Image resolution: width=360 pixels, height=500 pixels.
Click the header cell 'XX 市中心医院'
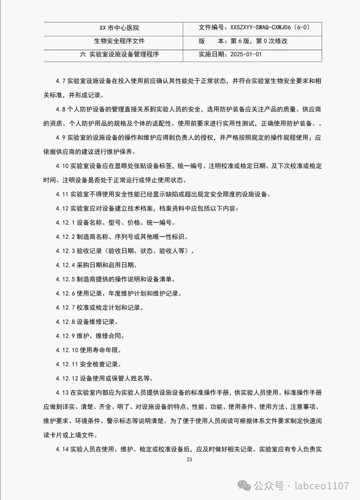click(x=119, y=28)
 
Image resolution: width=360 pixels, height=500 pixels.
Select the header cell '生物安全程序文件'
click(x=119, y=41)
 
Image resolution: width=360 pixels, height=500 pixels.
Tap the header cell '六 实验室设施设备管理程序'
click(x=119, y=54)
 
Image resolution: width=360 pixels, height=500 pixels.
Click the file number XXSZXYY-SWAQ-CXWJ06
click(x=260, y=27)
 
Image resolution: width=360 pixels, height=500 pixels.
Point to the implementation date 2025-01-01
click(x=246, y=54)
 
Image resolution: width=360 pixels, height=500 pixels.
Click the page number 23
click(x=189, y=459)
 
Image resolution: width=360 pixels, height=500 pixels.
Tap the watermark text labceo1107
click(x=322, y=486)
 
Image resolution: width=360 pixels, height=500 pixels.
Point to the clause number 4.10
click(x=62, y=166)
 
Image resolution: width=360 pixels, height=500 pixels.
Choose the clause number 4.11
click(x=62, y=194)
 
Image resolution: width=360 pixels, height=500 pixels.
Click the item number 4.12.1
click(x=65, y=223)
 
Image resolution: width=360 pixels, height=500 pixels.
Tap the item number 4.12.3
click(x=65, y=251)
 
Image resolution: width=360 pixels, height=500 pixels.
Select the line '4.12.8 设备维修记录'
click(x=87, y=322)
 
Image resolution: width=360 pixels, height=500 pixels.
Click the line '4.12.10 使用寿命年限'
click(x=88, y=350)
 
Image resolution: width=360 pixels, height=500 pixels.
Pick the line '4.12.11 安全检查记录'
click(x=88, y=364)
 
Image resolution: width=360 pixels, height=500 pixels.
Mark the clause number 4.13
click(x=62, y=393)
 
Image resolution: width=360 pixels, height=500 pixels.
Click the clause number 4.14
click(x=62, y=449)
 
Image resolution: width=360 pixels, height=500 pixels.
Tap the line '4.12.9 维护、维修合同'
click(x=90, y=336)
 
